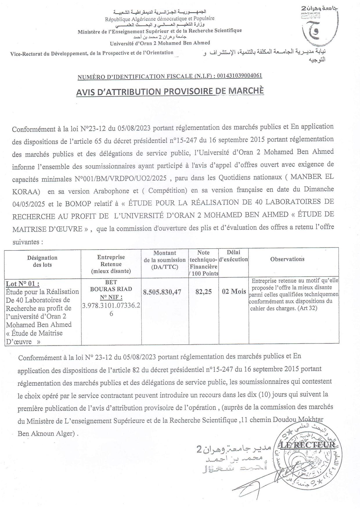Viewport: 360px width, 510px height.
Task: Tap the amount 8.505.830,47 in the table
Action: coord(162,292)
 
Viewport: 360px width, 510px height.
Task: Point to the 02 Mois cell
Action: coord(234,291)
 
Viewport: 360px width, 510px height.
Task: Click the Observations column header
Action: coord(287,259)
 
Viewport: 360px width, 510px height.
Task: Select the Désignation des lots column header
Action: coord(42,261)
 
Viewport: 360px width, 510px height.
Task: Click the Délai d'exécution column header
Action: coord(233,256)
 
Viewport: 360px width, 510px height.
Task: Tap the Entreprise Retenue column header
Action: coord(111,264)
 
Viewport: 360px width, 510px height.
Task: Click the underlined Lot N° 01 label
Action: coord(23,284)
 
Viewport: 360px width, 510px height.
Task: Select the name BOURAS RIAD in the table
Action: coord(111,289)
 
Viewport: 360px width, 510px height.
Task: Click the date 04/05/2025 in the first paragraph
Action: coord(28,204)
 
